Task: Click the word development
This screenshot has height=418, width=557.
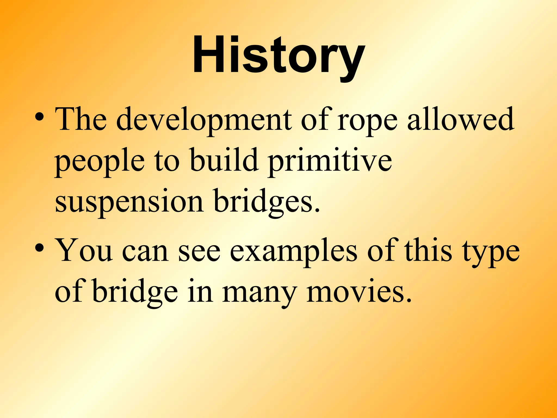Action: [203, 120]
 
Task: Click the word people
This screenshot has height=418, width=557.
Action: [100, 162]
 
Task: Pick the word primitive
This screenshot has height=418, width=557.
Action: [330, 162]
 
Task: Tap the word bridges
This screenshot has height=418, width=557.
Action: [267, 202]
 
